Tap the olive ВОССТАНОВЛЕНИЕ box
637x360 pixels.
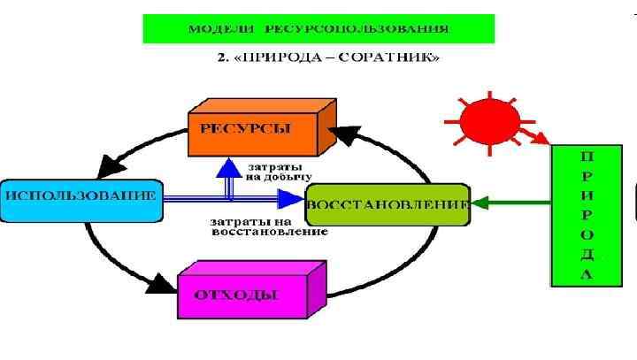click(x=386, y=204)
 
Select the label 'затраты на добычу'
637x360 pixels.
click(x=279, y=172)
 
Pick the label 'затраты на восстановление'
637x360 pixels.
click(x=269, y=226)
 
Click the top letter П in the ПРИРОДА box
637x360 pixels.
click(x=586, y=155)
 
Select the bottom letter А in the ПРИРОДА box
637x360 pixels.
click(x=586, y=274)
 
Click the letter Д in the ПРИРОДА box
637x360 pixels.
click(x=586, y=255)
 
